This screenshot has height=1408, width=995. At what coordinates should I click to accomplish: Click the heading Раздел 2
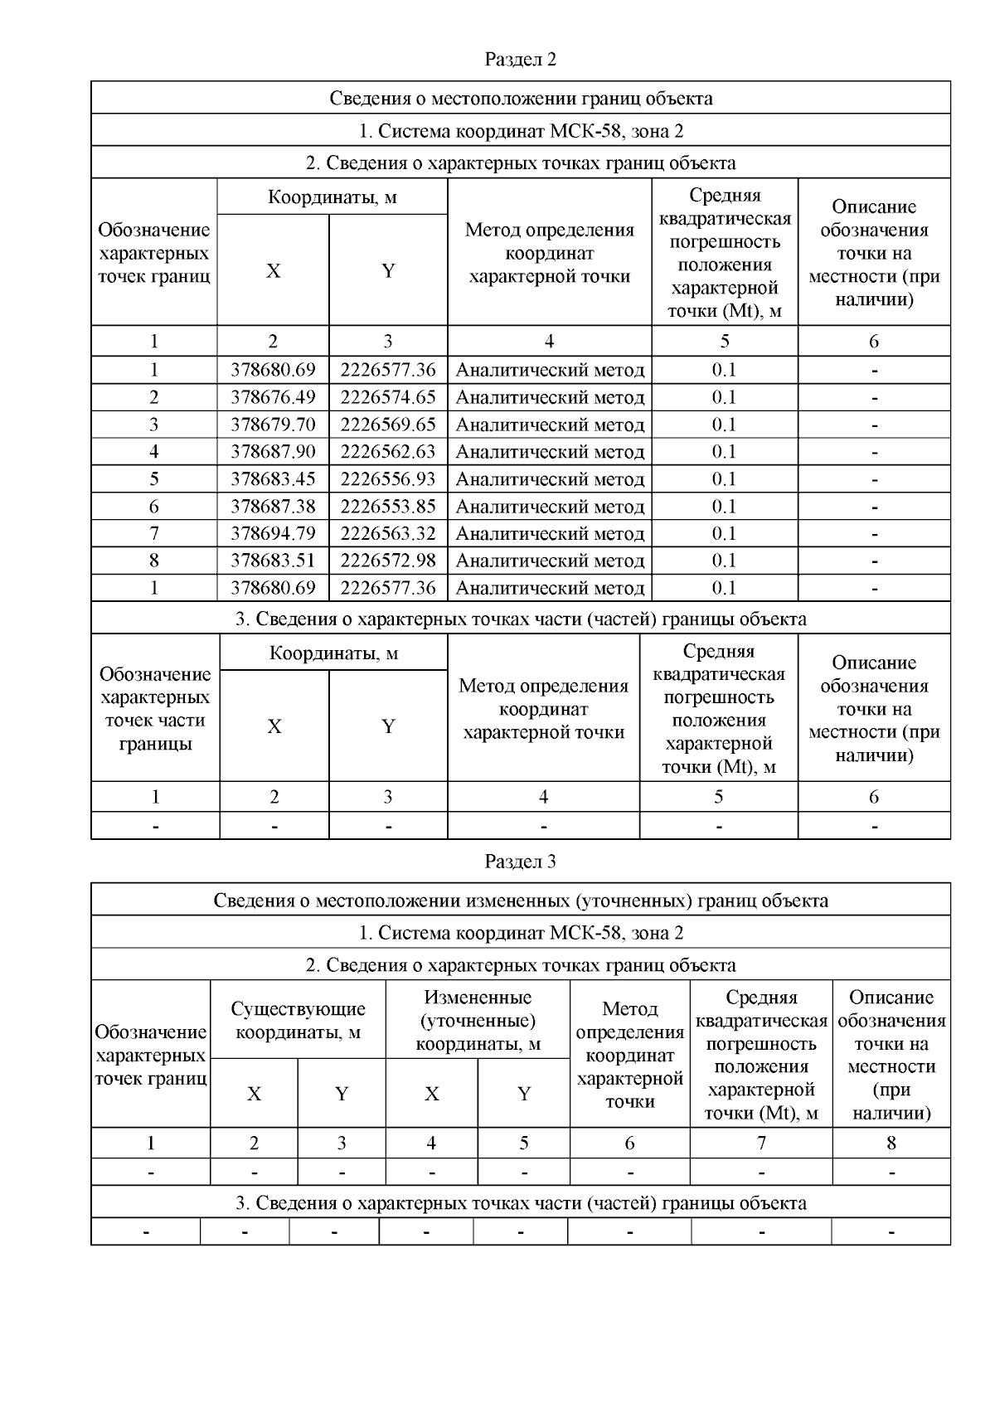click(520, 60)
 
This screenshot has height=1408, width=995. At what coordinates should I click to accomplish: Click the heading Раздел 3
click(520, 862)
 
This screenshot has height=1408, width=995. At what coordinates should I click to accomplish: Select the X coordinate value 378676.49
click(273, 397)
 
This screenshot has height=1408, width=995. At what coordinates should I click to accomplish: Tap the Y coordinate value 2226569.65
click(388, 425)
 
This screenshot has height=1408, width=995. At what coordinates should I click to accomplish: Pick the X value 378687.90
click(273, 452)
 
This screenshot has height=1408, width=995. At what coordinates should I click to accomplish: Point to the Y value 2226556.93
click(388, 479)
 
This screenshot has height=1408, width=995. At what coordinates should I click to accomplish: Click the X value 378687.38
click(273, 507)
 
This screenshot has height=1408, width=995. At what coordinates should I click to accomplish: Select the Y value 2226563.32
click(388, 533)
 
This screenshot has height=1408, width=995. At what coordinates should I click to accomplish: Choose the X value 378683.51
click(273, 561)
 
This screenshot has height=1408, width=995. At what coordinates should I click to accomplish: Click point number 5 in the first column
click(154, 479)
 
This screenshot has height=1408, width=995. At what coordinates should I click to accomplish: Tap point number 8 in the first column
click(154, 561)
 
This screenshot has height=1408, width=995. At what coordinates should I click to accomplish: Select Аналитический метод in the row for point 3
click(550, 425)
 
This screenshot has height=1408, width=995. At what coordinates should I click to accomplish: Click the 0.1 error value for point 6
click(724, 507)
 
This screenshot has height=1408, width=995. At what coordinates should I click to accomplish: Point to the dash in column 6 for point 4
click(874, 453)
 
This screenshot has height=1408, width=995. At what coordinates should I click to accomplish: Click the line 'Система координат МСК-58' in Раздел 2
click(520, 131)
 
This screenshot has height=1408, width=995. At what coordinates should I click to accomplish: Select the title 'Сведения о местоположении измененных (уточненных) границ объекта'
click(520, 901)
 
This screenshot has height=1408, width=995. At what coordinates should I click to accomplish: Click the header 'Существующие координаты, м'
click(298, 1021)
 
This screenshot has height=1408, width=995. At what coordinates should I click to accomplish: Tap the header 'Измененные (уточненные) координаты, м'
click(478, 1021)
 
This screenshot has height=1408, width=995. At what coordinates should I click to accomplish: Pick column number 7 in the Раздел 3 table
click(760, 1143)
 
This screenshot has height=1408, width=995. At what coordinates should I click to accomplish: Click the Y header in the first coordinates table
click(388, 271)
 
